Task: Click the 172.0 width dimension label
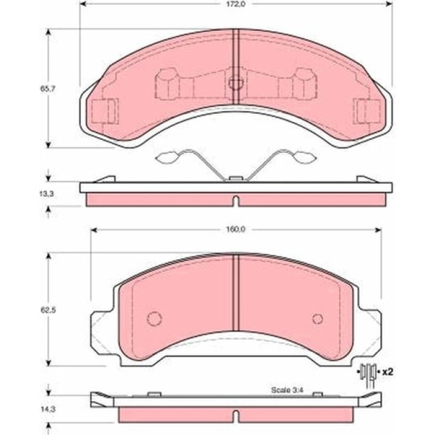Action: [x=236, y=4]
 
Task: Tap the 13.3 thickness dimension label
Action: [x=47, y=194]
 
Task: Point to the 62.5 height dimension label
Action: [x=48, y=310]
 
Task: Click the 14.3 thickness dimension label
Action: [x=48, y=409]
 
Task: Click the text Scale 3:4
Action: [x=287, y=390]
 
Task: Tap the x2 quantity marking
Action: [x=387, y=372]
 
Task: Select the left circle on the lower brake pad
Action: [x=155, y=319]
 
